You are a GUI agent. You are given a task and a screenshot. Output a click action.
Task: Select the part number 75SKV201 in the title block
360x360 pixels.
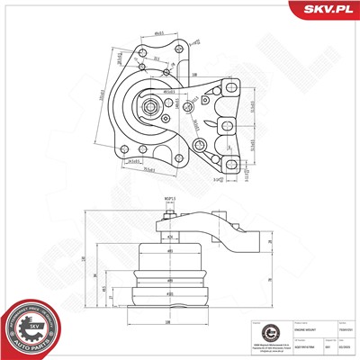pos(343,330)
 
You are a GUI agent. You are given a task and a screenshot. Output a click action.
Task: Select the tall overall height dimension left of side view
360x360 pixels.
pos(81,260)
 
